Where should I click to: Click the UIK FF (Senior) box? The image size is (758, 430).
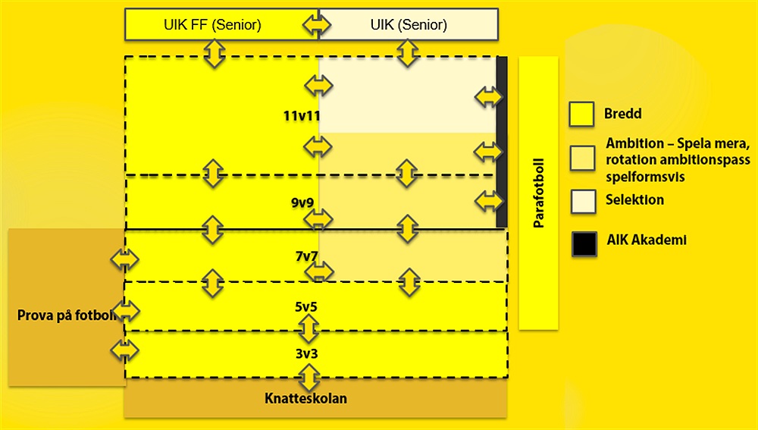pos(212,25)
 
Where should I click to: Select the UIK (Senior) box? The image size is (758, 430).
pos(409,25)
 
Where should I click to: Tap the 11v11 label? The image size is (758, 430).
pos(302,116)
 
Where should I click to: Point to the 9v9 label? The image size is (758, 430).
pos(302,204)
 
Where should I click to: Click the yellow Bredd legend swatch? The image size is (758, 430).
pos(581,115)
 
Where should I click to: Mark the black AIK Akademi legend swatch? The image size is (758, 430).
pos(584,243)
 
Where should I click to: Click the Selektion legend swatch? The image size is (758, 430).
pos(581,199)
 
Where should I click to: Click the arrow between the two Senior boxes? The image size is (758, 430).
pos(317,25)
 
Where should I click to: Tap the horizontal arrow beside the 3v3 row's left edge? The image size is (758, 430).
pos(125,350)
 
